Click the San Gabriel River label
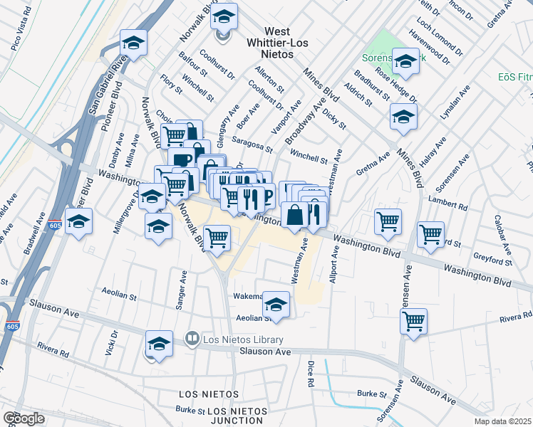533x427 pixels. coord(103,84)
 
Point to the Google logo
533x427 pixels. coord(24,418)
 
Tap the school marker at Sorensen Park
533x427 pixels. coord(405,62)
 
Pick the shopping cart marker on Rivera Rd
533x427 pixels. coord(413,322)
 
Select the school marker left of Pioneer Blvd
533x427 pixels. coord(79,221)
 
